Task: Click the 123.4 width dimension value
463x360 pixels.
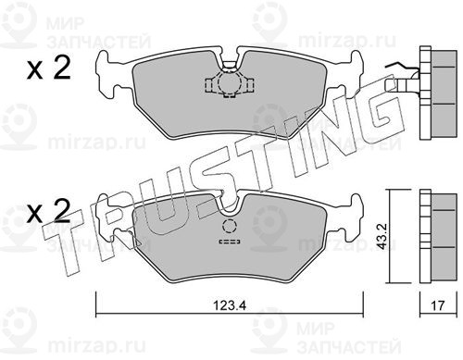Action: tap(231, 305)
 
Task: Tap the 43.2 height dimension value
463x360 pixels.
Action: tap(382, 237)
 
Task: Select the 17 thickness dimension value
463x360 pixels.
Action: tap(438, 305)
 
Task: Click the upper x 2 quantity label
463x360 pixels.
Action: tap(49, 68)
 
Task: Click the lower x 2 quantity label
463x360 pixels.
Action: tap(49, 211)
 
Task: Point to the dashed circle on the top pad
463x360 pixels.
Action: tap(230, 82)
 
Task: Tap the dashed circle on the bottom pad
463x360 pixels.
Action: tap(229, 226)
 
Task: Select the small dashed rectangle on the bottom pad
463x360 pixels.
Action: tap(230, 242)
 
